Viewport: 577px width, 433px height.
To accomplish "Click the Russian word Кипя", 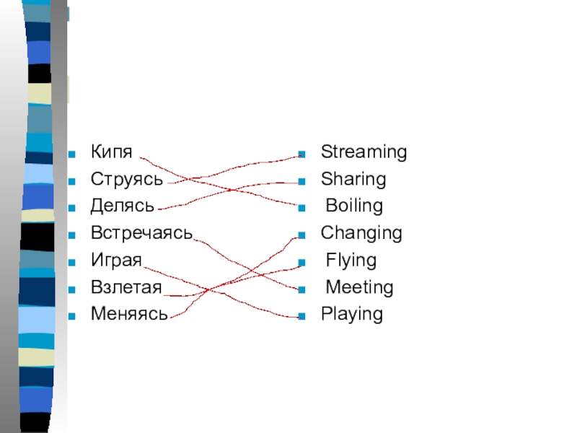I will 112,152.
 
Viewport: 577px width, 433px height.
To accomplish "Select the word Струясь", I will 127,179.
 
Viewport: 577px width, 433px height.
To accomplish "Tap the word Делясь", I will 123,206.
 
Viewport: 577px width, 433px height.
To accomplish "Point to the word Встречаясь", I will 141,233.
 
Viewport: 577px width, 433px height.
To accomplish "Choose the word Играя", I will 116,261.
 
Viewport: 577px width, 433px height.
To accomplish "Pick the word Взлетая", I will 126,287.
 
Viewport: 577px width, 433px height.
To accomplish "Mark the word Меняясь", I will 129,314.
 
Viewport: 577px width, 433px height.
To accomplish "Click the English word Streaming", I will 364,152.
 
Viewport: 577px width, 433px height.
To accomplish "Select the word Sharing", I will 353,179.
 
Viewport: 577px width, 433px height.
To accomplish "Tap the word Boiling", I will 354,206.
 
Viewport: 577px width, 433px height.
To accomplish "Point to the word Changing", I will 361,233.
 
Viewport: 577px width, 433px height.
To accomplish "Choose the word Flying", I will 351,261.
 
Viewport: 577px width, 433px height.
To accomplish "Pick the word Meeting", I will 359,287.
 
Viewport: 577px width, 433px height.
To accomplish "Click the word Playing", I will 352,314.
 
